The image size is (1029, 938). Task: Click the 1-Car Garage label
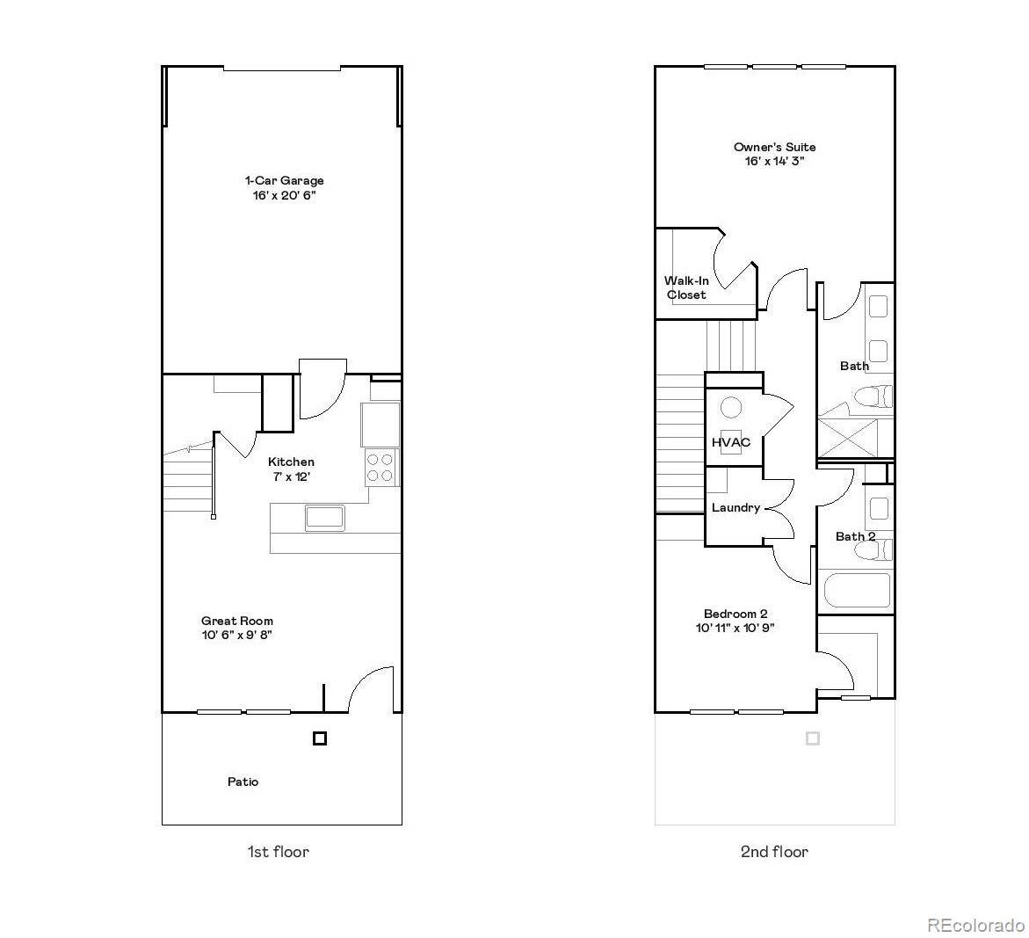tap(284, 181)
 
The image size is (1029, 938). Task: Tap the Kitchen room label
tap(291, 462)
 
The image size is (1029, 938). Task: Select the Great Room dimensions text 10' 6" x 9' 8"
tap(236, 635)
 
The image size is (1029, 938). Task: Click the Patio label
tap(243, 782)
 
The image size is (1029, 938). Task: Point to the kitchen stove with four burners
tap(380, 467)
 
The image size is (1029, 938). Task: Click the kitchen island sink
tap(324, 517)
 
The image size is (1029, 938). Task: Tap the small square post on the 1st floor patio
tap(320, 738)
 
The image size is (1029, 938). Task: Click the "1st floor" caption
tap(278, 851)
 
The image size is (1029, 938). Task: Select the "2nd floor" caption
tap(774, 851)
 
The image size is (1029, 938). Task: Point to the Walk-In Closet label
tap(686, 287)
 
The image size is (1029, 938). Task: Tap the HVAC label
tap(731, 442)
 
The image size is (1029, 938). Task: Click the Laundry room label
tap(736, 507)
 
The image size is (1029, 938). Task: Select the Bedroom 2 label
tap(736, 614)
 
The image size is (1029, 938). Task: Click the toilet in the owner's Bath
tap(872, 396)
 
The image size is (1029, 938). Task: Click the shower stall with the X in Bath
tap(848, 438)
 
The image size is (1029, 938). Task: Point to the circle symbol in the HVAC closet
tap(731, 407)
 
